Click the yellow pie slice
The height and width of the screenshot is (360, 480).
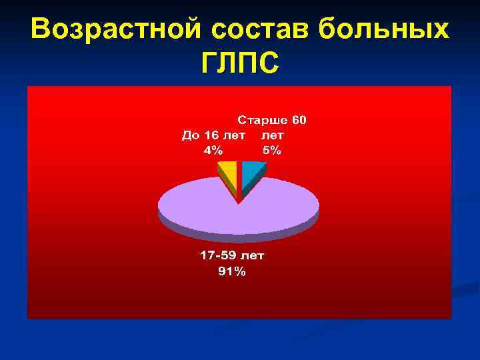tap(228, 173)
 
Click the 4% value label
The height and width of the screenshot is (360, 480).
tap(213, 150)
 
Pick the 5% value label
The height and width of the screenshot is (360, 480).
tap(272, 150)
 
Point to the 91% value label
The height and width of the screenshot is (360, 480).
tap(232, 271)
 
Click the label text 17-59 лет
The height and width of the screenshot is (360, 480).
tap(232, 255)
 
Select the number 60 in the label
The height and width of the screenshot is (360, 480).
tap(299, 121)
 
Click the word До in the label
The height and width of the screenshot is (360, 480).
tap(191, 135)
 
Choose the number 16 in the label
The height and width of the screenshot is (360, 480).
tap(212, 135)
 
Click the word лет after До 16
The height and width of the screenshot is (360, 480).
tap(235, 135)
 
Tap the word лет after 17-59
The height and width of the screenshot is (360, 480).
tap(253, 255)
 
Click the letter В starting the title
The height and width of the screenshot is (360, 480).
tap(41, 28)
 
